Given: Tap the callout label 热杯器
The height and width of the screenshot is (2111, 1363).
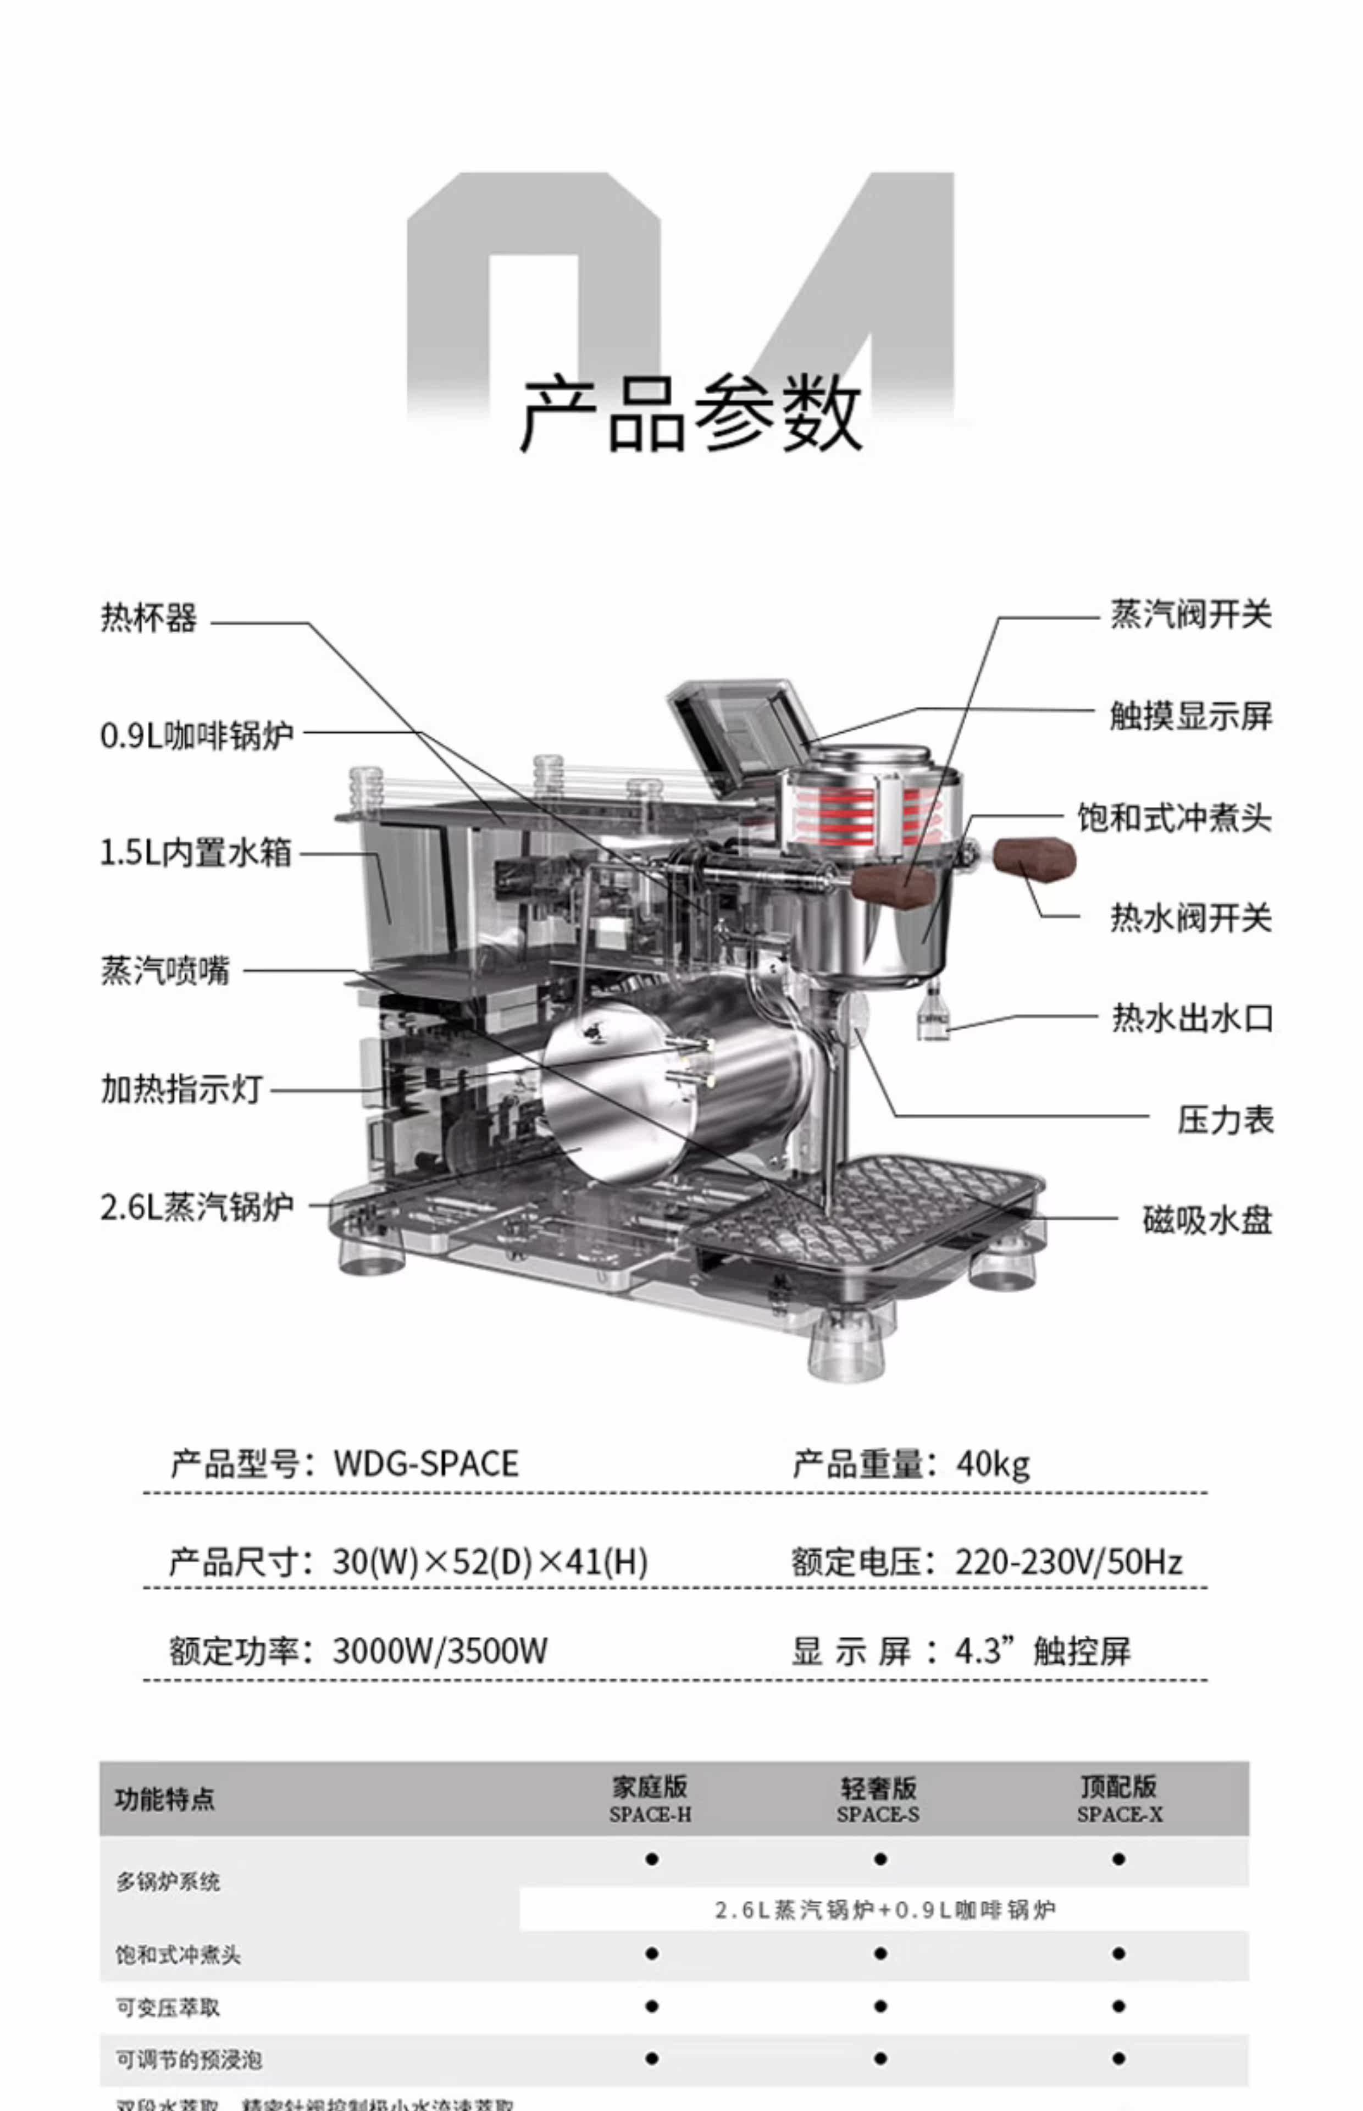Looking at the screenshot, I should (x=149, y=618).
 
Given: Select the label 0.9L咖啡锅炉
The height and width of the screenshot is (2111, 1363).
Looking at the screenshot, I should (x=197, y=734).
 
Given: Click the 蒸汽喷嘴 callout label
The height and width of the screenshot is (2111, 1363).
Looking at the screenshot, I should (x=165, y=970).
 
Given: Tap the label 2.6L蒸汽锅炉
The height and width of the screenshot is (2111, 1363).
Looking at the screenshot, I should (x=197, y=1207).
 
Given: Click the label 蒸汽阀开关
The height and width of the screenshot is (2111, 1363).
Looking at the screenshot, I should (x=1192, y=614).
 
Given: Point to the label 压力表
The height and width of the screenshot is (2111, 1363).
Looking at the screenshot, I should (x=1225, y=1120).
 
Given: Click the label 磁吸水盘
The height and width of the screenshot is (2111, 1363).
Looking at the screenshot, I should (x=1207, y=1220).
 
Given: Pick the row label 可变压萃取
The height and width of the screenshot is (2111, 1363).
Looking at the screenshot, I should (x=168, y=2008).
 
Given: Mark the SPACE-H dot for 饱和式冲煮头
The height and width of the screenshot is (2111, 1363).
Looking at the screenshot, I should (x=651, y=1953).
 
